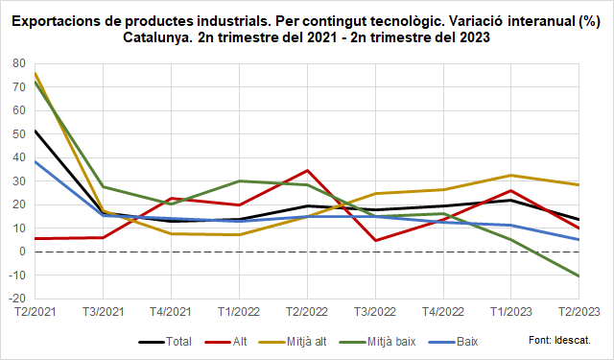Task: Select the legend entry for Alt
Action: point(239,341)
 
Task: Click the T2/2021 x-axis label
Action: point(34,312)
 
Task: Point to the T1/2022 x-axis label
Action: point(238,312)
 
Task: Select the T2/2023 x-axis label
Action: point(579,312)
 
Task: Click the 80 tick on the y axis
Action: point(19,63)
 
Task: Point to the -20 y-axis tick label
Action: point(17,299)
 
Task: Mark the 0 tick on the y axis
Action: point(23,252)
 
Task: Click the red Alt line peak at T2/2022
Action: point(306,170)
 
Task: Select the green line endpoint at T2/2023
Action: point(579,276)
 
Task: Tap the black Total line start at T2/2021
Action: point(35,131)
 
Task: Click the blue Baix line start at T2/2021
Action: point(35,161)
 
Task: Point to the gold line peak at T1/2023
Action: point(510,176)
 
